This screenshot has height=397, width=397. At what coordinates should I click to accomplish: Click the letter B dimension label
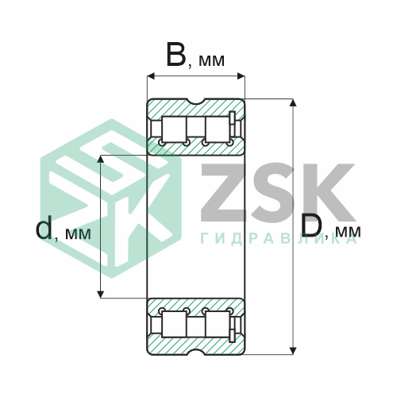[175, 54]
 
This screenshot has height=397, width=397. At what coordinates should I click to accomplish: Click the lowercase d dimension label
[44, 227]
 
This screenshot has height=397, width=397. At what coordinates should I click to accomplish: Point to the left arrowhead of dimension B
[151, 76]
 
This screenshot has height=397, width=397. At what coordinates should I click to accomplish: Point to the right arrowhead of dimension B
[241, 76]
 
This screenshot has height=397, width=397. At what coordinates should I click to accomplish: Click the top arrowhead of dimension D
[292, 102]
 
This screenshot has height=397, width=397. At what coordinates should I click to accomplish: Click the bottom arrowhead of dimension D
[292, 351]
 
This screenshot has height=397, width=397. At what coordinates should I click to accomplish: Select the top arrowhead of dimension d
[100, 159]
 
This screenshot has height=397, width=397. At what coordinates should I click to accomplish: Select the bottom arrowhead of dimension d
[100, 295]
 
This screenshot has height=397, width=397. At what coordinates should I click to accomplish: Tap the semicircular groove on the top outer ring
[196, 102]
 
